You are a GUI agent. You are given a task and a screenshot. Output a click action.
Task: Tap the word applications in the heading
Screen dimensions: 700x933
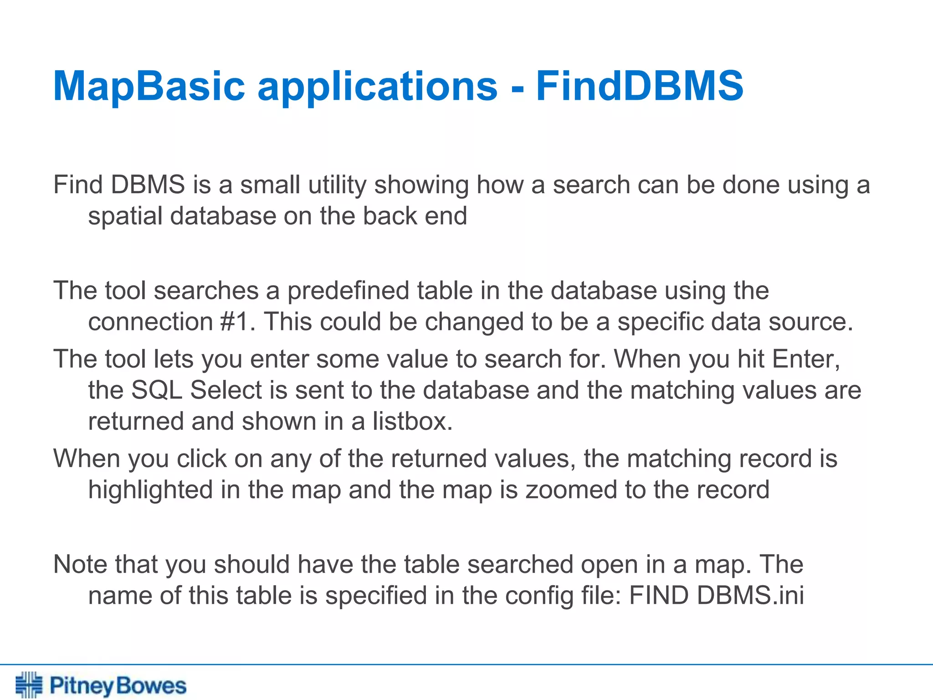[x=378, y=87]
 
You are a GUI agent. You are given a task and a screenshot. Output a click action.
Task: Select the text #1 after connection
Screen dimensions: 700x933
[x=235, y=322]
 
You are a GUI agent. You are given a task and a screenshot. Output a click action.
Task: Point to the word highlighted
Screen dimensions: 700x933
[x=151, y=490]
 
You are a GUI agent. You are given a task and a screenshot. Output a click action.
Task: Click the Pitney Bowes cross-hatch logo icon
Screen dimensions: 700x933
[x=29, y=685]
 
